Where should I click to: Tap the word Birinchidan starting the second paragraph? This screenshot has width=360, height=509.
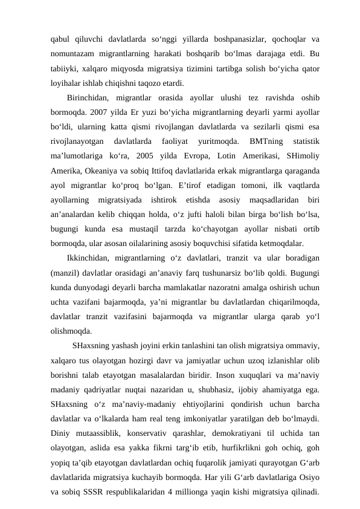[89, 98]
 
